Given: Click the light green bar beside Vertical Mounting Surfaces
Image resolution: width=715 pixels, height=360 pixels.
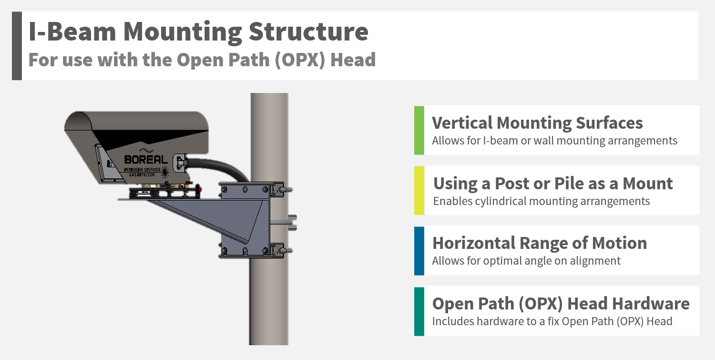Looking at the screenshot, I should tap(419, 130).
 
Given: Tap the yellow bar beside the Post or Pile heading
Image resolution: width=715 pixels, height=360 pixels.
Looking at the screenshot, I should tap(419, 190).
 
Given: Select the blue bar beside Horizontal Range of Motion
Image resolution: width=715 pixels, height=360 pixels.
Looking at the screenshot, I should tap(419, 250).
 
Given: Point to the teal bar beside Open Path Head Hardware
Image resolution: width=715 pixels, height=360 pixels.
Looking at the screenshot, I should tap(419, 311).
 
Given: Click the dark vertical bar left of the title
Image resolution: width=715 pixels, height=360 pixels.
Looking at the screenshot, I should tap(17, 46).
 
